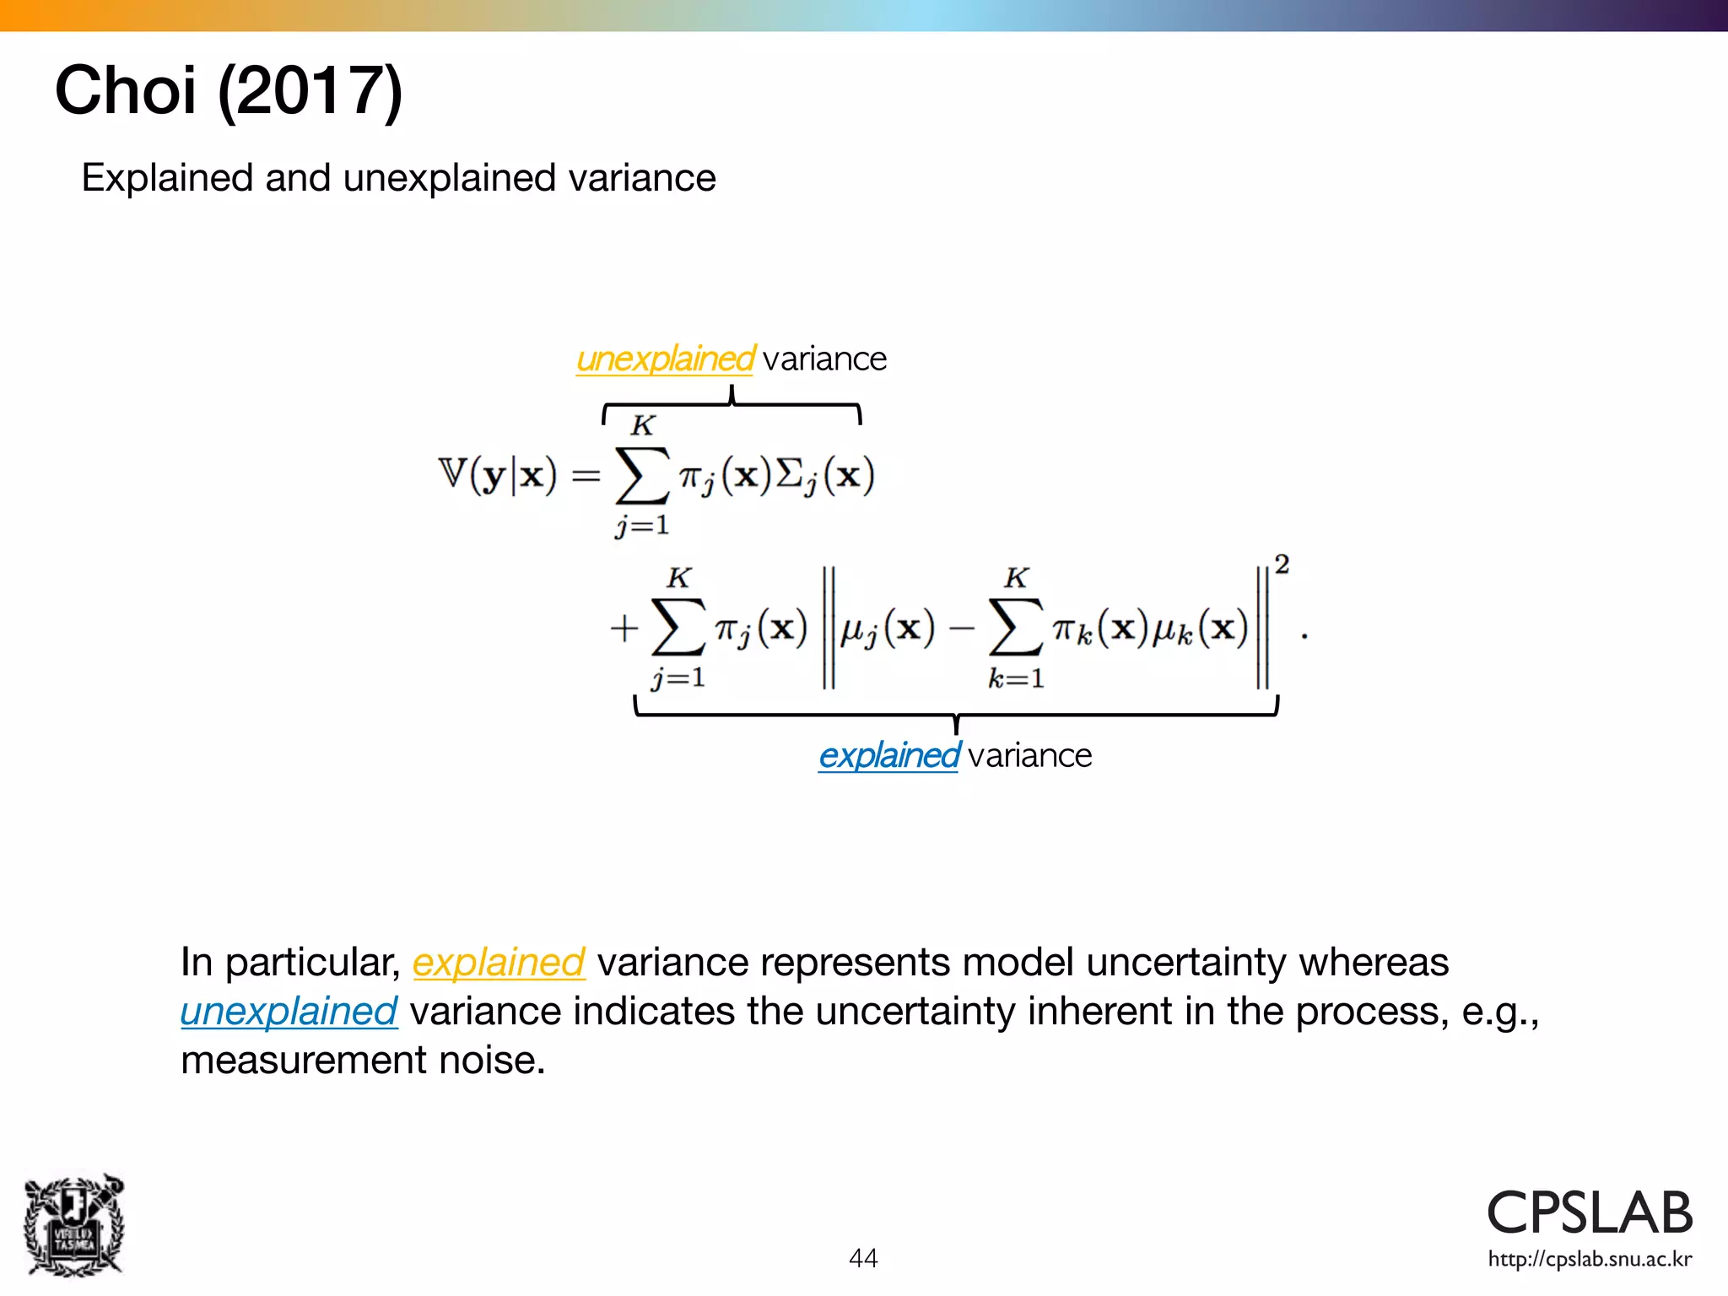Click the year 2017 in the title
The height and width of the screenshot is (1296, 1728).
[310, 91]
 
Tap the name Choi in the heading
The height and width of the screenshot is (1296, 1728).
[125, 90]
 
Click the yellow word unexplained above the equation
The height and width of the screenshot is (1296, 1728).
[665, 359]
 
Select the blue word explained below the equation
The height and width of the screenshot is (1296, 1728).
[888, 755]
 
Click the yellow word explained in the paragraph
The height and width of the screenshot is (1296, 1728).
[498, 962]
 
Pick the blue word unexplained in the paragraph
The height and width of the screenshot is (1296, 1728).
[289, 1011]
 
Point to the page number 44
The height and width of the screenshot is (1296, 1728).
[863, 1258]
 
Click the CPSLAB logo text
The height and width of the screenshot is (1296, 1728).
[1590, 1212]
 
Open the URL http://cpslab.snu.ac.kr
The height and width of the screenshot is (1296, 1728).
[1590, 1260]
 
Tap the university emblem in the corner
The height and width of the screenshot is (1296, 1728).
[74, 1224]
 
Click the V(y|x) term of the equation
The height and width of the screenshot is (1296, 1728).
[498, 475]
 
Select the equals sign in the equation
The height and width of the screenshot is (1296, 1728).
[586, 477]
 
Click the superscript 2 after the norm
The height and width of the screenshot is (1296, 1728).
[1282, 564]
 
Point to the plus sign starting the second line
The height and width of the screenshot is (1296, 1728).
[624, 629]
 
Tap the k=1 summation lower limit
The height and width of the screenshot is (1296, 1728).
[1016, 678]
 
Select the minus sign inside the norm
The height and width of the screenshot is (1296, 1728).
[961, 629]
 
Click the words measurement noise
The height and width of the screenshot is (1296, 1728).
[363, 1060]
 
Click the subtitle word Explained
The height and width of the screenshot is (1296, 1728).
[167, 178]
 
